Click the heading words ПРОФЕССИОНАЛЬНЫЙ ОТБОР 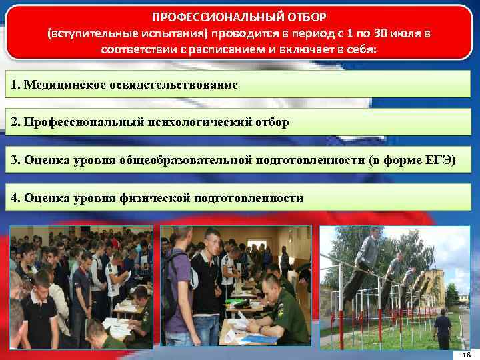coord(239,15)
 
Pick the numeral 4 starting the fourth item coord(15,198)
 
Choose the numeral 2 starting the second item coord(15,123)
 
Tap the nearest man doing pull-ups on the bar coord(363,257)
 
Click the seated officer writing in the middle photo coord(277,313)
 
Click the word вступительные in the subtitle coord(86,33)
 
